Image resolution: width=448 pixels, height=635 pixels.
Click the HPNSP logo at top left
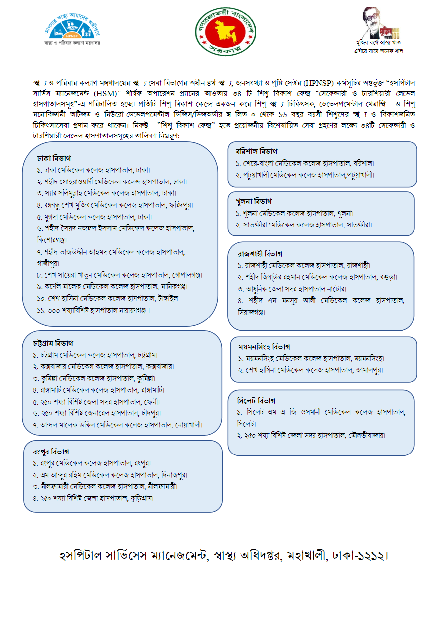point(72,29)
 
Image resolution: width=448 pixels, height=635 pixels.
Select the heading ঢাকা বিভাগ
point(54,158)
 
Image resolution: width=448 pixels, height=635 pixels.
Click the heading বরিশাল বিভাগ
point(257,151)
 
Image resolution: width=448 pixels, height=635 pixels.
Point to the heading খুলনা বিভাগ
point(254,201)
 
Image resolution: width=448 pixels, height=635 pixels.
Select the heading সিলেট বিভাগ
point(257,400)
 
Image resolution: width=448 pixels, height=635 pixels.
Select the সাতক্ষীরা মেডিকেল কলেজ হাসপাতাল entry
point(304,225)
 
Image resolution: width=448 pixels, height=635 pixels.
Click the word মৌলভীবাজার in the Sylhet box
point(366,435)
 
